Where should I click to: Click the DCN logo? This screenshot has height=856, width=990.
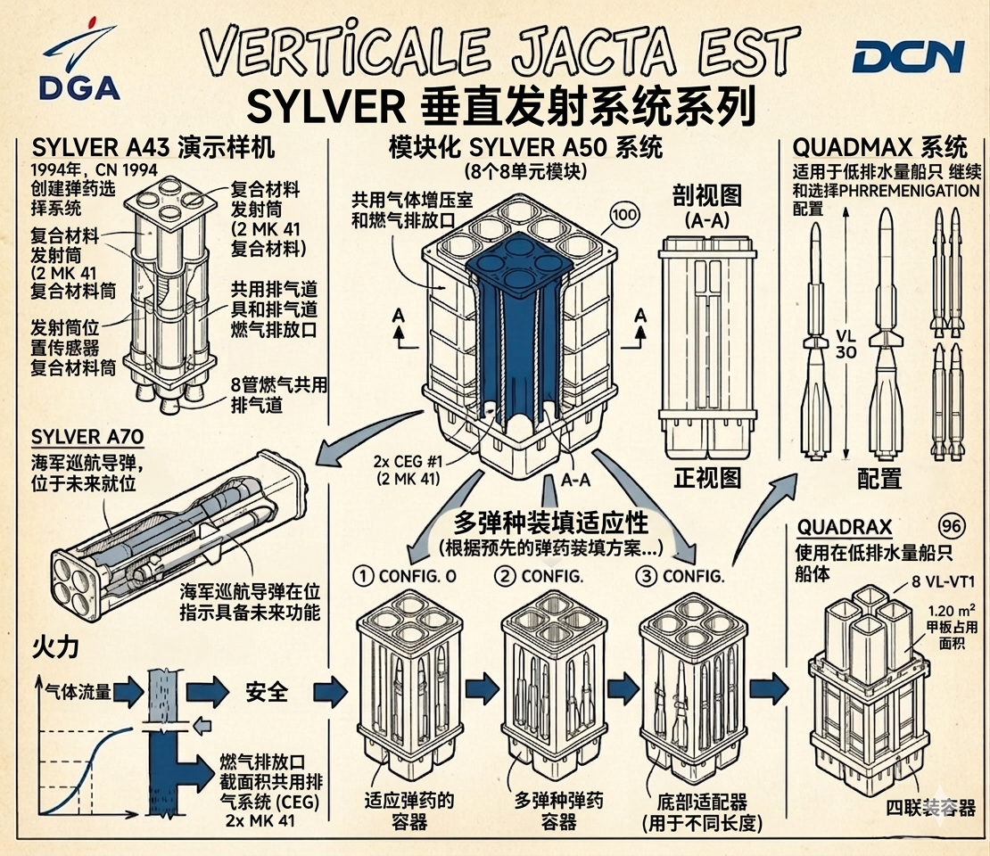point(907,58)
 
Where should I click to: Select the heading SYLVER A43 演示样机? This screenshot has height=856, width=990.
point(153,146)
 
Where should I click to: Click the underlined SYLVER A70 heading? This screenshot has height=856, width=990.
point(87,438)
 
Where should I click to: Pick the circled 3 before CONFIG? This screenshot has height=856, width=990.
point(646,575)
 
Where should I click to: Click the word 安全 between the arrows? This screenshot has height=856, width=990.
point(265,691)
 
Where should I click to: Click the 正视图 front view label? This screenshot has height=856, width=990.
point(706,477)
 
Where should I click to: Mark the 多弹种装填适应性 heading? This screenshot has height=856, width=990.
point(551,521)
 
